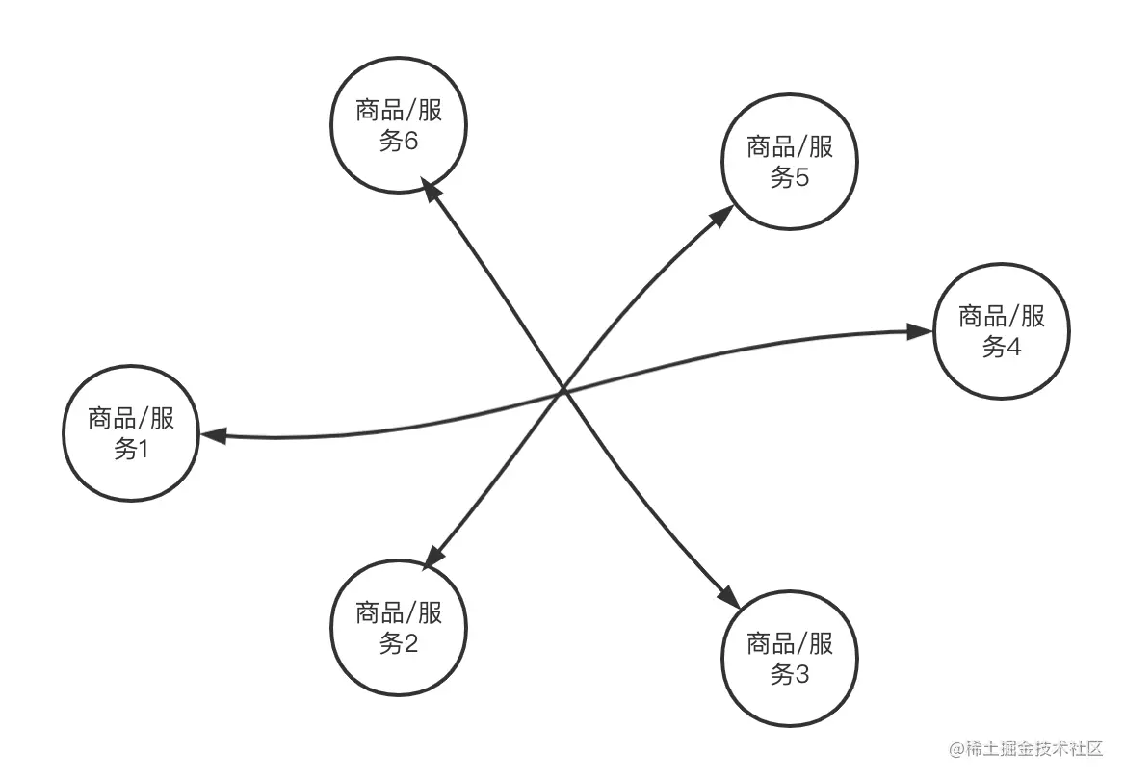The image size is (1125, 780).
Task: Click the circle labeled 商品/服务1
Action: (130, 433)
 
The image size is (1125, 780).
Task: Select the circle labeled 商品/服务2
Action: (398, 628)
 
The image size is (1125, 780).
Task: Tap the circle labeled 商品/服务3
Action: (790, 659)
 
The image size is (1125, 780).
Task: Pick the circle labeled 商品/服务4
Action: (1001, 330)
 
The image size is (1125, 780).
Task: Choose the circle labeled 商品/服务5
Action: (790, 162)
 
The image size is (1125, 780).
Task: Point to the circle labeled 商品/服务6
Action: (398, 125)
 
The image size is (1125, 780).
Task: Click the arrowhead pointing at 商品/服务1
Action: (212, 436)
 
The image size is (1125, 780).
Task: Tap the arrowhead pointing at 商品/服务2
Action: (434, 555)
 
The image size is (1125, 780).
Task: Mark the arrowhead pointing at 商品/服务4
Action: (919, 332)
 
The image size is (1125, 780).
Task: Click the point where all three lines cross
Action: (563, 391)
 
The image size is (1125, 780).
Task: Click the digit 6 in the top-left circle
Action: (411, 142)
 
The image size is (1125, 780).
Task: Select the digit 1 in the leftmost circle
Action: (143, 450)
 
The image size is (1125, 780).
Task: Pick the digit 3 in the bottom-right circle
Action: (802, 675)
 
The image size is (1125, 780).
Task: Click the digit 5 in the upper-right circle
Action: (802, 178)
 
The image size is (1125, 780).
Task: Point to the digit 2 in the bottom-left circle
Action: (411, 644)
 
